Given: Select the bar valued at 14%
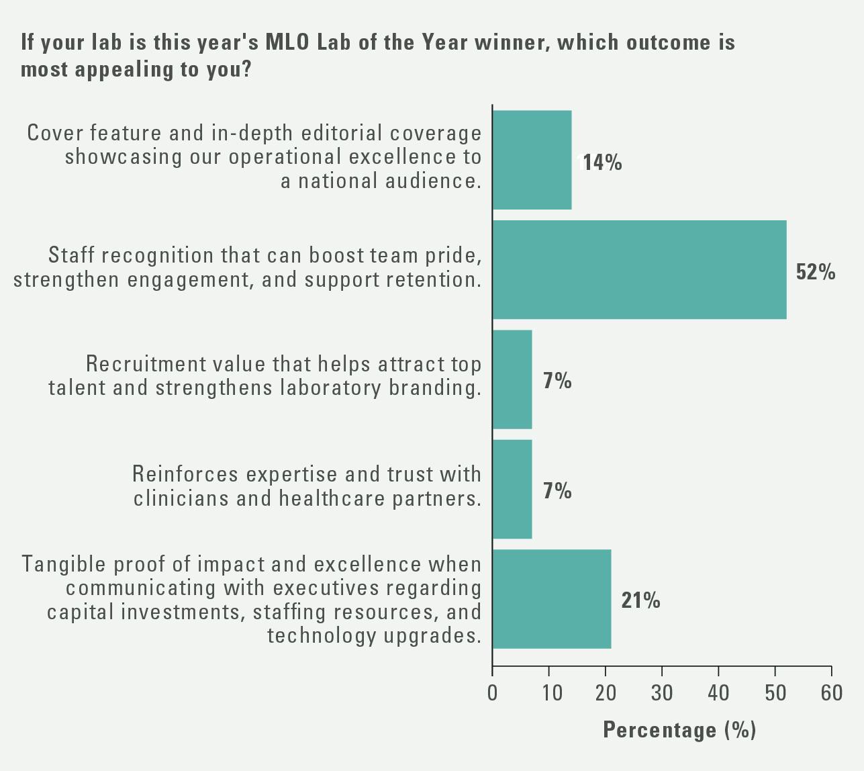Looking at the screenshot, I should click(x=532, y=160).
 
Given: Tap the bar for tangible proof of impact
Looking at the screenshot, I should click(x=551, y=599).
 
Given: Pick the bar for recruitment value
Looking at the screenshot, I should click(x=512, y=379).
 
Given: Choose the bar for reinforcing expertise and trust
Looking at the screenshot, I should click(x=512, y=489).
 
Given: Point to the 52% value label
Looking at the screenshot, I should click(x=816, y=272).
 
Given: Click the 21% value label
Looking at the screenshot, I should click(x=640, y=600).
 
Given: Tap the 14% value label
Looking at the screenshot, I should click(x=602, y=163).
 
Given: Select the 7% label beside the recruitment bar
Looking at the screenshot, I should click(x=557, y=381).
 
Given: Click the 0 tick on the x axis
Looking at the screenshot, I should click(x=493, y=692).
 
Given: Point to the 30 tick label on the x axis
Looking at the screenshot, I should click(x=662, y=692).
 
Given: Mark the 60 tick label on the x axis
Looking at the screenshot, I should click(x=832, y=692).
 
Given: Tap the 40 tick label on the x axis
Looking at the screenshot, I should click(x=718, y=692).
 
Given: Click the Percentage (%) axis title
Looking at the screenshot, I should click(x=679, y=730).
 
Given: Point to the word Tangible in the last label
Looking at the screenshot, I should click(x=60, y=564).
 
